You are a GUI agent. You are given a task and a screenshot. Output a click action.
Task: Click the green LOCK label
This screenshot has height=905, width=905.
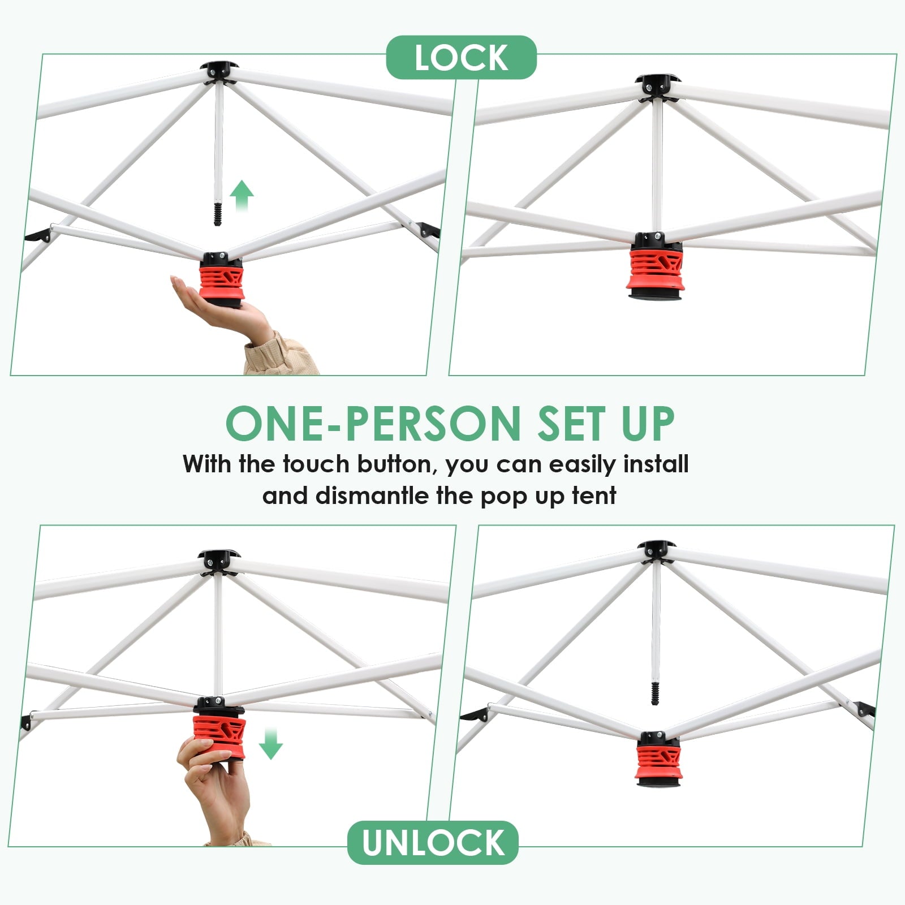[x=461, y=57]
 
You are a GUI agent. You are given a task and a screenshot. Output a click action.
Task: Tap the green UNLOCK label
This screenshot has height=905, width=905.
[x=433, y=843]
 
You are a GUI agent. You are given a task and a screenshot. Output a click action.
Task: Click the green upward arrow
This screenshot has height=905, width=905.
[x=242, y=196]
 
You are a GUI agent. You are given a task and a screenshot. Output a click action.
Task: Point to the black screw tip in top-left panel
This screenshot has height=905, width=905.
[x=218, y=214]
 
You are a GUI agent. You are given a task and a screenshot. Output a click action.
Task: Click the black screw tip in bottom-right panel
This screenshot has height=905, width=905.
[x=656, y=693]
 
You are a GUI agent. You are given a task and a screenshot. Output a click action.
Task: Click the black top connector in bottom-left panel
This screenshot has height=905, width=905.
[x=219, y=560]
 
